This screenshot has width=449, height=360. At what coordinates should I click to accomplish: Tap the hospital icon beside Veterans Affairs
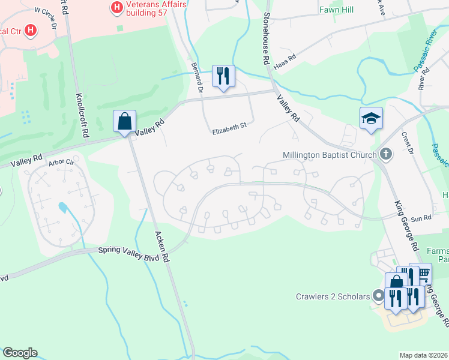click(x=116, y=7)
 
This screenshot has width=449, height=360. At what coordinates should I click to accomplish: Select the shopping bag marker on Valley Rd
click(x=124, y=122)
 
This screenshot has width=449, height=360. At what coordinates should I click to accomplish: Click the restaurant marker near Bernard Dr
click(x=223, y=76)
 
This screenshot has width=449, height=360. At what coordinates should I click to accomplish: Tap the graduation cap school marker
click(x=370, y=119)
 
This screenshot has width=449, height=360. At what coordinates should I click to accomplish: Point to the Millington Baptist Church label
click(x=330, y=155)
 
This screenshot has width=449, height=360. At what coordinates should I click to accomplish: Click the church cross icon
click(x=386, y=155)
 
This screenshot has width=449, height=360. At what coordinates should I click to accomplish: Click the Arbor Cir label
click(x=61, y=161)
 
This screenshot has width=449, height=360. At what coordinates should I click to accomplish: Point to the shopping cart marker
click(x=422, y=274)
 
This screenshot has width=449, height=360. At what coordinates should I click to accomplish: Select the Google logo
click(x=20, y=353)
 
